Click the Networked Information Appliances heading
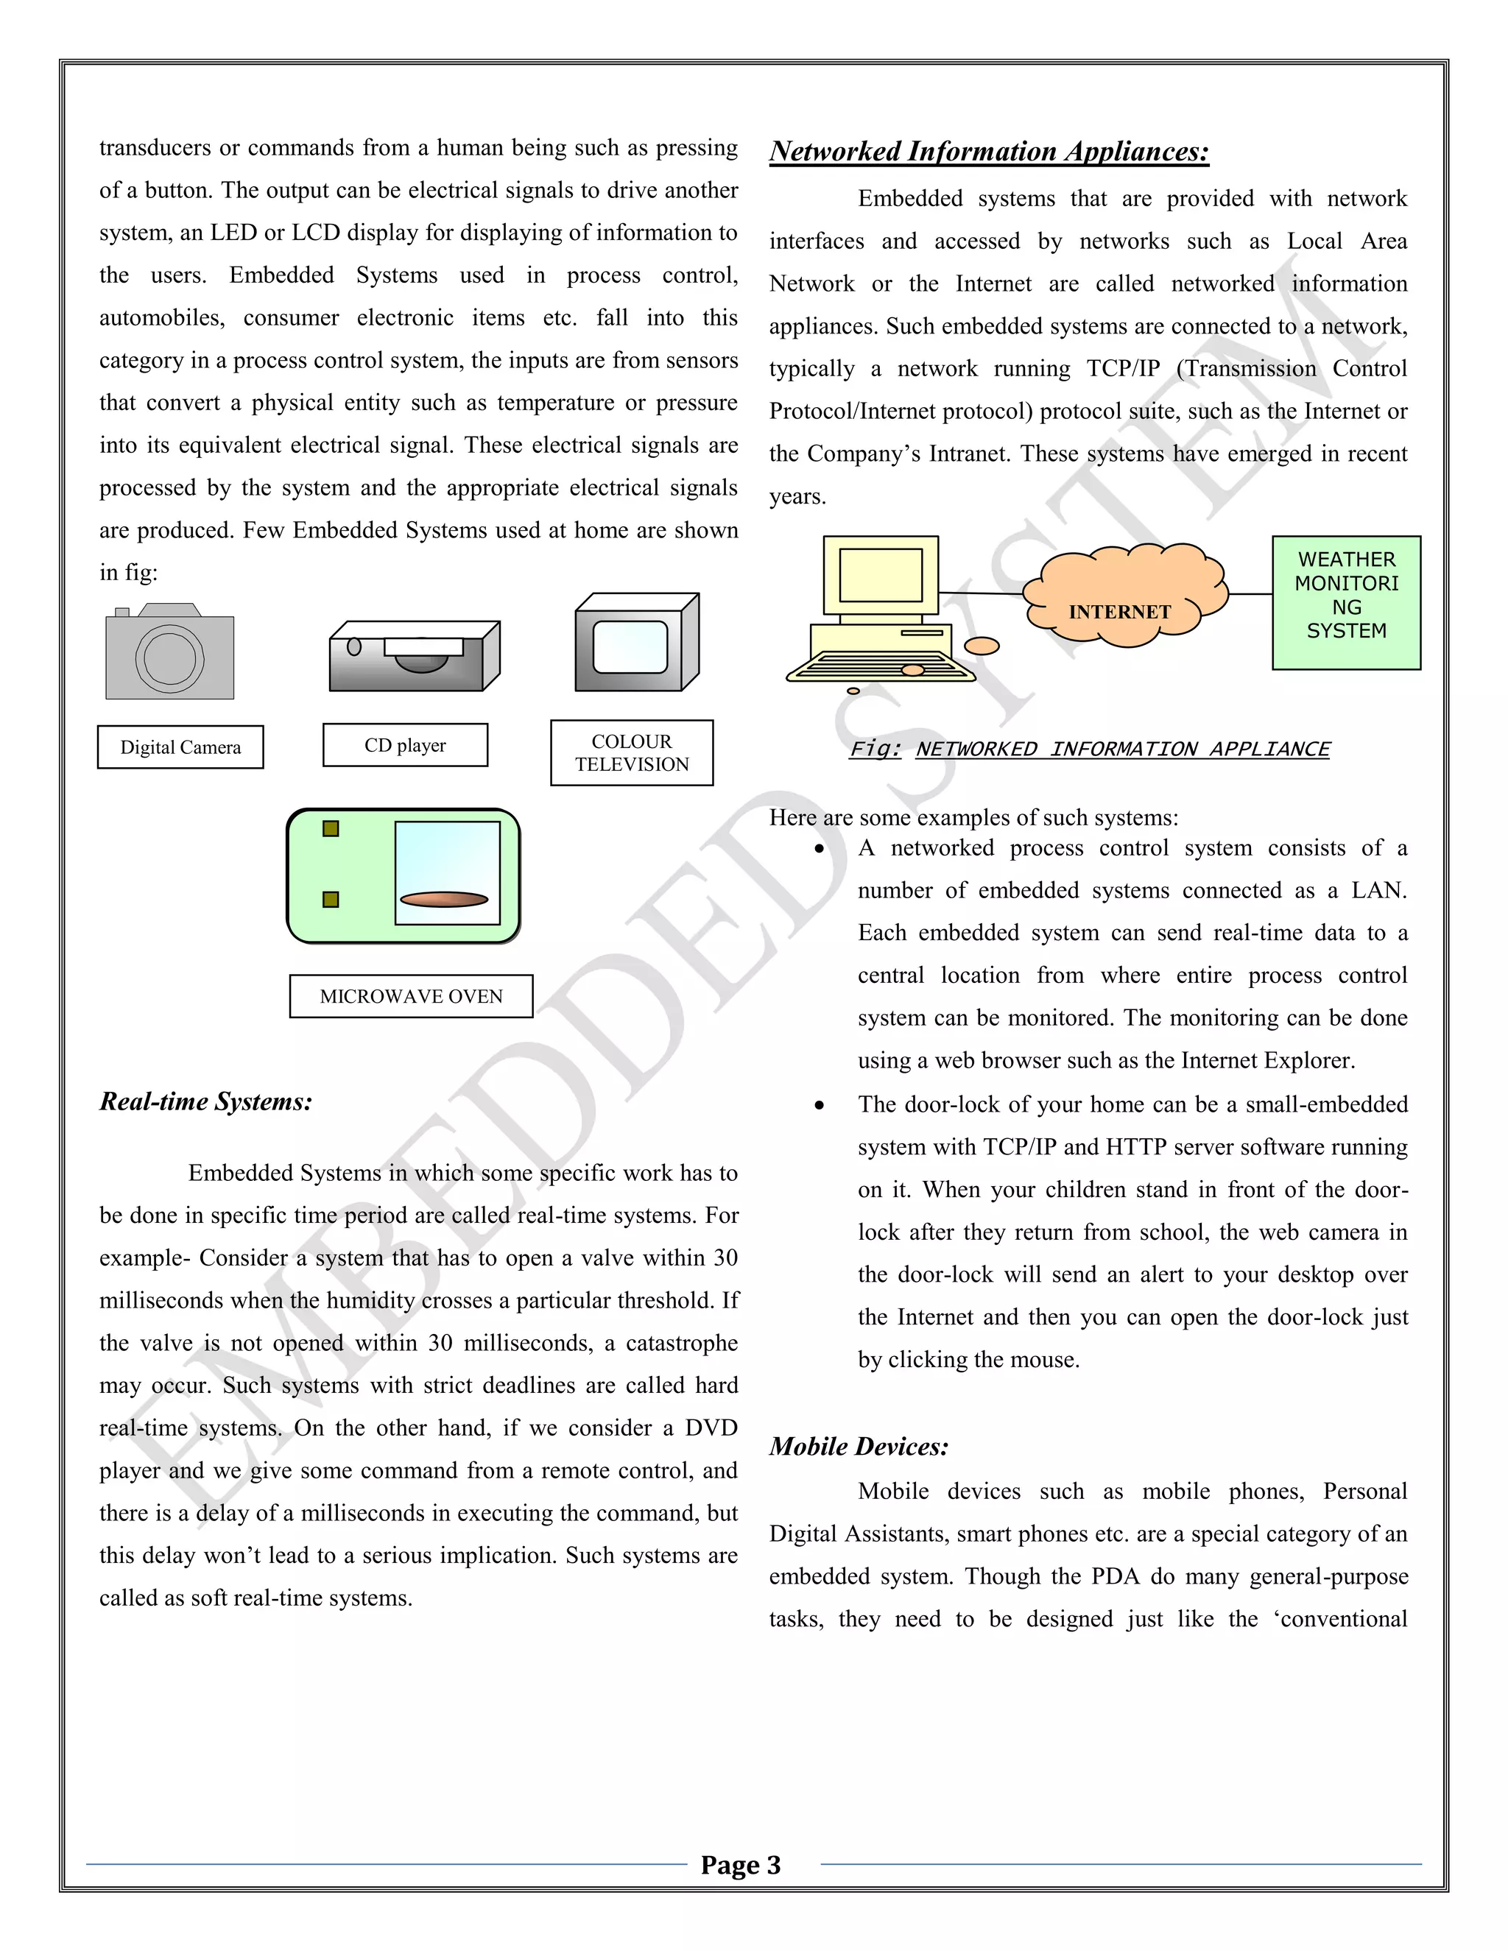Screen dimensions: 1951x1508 point(989,152)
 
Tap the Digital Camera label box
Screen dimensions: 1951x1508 point(180,747)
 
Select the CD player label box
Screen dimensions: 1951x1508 point(405,745)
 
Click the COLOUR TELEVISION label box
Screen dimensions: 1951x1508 point(632,753)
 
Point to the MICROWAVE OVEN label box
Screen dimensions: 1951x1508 point(411,996)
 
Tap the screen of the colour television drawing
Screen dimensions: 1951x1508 point(630,646)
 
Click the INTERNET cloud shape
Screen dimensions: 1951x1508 point(1121,594)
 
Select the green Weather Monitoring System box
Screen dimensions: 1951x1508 point(1346,602)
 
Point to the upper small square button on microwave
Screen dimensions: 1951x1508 point(331,829)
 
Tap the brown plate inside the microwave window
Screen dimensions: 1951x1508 point(444,899)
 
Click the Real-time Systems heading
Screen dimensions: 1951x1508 point(205,1101)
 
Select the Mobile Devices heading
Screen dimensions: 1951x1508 point(859,1446)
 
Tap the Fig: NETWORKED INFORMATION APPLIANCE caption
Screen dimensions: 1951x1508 point(1089,749)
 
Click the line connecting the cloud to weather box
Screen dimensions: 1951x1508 point(1250,593)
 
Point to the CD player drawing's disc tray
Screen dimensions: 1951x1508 point(423,646)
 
